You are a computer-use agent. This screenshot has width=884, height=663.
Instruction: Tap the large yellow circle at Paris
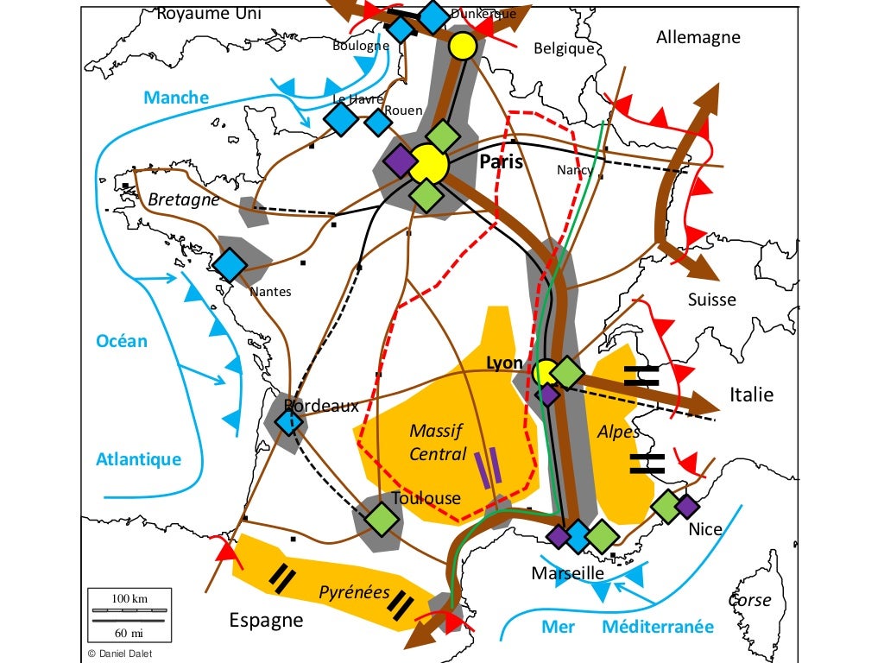pos(427,163)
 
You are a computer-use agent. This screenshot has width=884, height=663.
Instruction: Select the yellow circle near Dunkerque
pos(463,46)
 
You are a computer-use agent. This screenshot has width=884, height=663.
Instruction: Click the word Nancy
pos(574,170)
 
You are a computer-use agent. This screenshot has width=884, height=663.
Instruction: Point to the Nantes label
pos(270,292)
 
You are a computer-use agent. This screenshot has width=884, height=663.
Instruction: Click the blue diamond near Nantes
pos(230,265)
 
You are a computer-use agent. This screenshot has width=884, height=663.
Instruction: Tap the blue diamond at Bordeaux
pos(289,422)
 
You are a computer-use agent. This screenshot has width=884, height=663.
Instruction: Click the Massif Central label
pos(437,442)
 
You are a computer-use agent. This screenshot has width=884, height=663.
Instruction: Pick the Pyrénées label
pos(354,592)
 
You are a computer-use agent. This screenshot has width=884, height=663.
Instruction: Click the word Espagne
pos(266,620)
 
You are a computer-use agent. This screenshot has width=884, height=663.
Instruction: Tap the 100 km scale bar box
pos(129,615)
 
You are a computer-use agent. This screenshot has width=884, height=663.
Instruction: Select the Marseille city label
pos(567,573)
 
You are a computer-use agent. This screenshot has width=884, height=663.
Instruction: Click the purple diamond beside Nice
pos(686,506)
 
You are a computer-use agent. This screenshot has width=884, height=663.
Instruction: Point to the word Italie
pos(751,395)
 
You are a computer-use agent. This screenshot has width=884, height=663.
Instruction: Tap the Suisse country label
pos(711,300)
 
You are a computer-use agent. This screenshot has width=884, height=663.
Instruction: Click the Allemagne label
pos(698,37)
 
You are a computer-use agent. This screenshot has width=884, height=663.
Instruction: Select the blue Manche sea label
pos(176,98)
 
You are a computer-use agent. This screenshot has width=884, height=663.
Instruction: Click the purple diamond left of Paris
pos(400,159)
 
